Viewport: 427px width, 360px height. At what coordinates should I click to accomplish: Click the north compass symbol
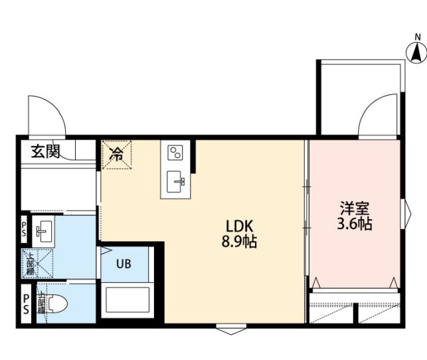pos(416,50)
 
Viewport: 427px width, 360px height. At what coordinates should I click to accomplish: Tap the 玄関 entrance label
pos(44,151)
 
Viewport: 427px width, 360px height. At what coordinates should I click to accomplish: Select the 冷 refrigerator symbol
pos(116,155)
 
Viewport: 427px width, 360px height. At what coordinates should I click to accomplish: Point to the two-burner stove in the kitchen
pos(176,153)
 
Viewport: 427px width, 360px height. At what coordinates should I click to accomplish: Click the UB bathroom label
pos(124,263)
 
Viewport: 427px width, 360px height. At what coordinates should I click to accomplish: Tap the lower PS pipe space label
pos(25,304)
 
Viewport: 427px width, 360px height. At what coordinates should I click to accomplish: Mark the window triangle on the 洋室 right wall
pos(408,213)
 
